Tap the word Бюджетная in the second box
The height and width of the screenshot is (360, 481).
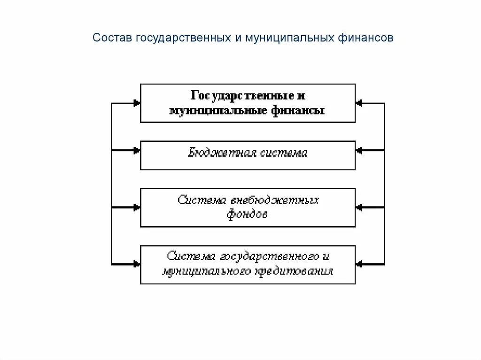(x=216, y=153)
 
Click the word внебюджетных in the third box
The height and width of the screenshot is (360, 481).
(x=275, y=200)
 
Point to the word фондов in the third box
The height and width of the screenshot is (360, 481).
(x=248, y=215)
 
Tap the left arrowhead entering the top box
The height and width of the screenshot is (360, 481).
(x=137, y=103)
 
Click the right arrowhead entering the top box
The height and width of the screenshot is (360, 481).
(x=359, y=103)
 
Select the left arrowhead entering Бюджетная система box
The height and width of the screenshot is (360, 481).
(x=137, y=150)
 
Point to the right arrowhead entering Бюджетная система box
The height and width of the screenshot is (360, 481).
(x=359, y=150)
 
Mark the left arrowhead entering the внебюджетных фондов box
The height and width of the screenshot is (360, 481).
(x=137, y=207)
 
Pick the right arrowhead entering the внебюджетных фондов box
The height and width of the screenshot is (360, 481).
(x=359, y=207)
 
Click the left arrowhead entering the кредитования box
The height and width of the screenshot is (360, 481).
(x=137, y=264)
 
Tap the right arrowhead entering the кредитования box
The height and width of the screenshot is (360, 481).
(x=359, y=264)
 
